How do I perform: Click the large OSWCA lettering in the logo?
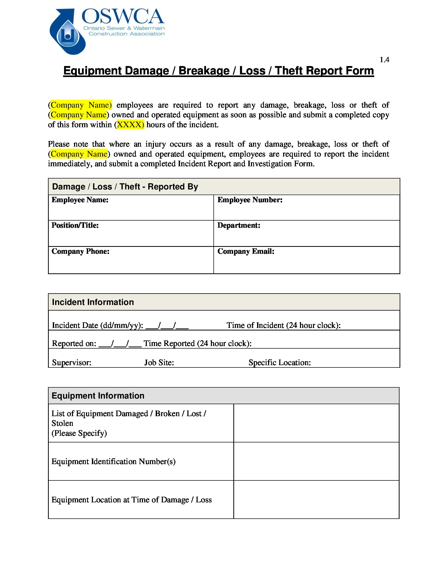pyautogui.click(x=123, y=16)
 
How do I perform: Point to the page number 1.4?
pyautogui.click(x=384, y=60)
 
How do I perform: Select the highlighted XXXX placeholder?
pyautogui.click(x=130, y=125)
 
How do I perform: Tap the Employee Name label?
pyautogui.click(x=80, y=200)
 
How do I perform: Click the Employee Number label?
pyautogui.click(x=250, y=200)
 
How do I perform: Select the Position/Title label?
pyautogui.click(x=75, y=225)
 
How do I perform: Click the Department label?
pyautogui.click(x=239, y=225)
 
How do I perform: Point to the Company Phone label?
pyautogui.click(x=80, y=251)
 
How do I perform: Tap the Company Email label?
pyautogui.click(x=246, y=251)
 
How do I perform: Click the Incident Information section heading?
pyautogui.click(x=93, y=302)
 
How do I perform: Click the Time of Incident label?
pyautogui.click(x=283, y=325)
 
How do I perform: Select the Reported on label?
pyautogui.click(x=74, y=343)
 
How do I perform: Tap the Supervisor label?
pyautogui.click(x=72, y=363)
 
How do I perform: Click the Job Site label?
pyautogui.click(x=159, y=363)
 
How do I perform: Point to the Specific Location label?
pyautogui.click(x=280, y=363)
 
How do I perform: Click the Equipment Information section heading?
pyautogui.click(x=98, y=396)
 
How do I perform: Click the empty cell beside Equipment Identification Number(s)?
pyautogui.click(x=316, y=461)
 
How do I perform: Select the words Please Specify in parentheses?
pyautogui.click(x=79, y=433)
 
